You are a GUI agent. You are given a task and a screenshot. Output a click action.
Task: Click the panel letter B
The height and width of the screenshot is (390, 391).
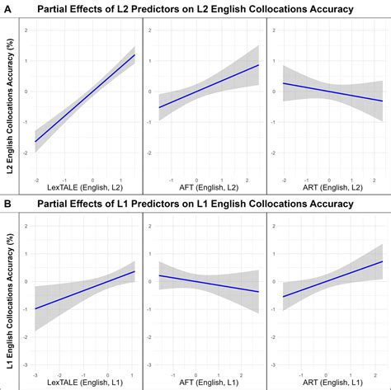[6, 203]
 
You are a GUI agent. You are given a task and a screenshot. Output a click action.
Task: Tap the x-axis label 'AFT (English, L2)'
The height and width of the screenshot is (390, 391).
[206, 189]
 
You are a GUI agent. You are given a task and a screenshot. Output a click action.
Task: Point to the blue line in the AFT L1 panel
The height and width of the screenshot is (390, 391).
[206, 283]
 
